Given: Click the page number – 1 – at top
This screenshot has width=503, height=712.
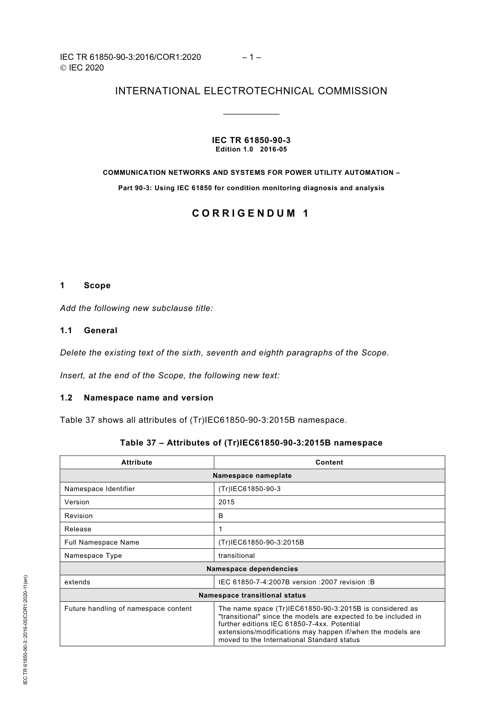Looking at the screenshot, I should tap(251, 57).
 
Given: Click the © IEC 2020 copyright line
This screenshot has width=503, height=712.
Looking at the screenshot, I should tap(82, 68).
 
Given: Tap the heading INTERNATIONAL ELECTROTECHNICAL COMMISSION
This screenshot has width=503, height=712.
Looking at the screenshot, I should tap(251, 91).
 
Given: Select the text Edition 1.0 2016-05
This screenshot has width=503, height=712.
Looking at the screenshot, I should tap(251, 149).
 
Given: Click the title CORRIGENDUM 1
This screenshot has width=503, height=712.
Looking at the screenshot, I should tap(251, 213).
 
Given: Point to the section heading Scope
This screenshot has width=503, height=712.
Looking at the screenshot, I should tap(97, 286).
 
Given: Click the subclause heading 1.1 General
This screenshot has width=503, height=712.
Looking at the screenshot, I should tap(89, 331).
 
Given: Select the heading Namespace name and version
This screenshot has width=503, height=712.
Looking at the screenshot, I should tap(148, 398).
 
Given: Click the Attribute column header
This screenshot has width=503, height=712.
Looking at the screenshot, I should tap(137, 462).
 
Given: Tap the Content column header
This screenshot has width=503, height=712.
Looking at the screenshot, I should tap(329, 462).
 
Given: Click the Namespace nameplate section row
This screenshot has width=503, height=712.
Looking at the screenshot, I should tap(252, 476).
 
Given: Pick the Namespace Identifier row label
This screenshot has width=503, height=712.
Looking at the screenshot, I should tap(100, 489).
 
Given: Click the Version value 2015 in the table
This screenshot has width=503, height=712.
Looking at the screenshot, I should tap(227, 502).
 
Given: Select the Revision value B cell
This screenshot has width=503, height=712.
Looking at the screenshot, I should tap(221, 516).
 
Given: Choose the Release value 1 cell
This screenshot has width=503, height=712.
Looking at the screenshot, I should tap(221, 529).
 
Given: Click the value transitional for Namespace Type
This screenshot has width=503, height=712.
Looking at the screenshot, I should tap(237, 556).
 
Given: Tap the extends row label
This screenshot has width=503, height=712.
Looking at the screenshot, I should tap(77, 582).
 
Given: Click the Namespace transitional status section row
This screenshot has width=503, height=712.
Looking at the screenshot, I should tap(252, 595).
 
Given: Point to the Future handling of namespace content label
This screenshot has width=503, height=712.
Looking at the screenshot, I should tap(128, 609).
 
